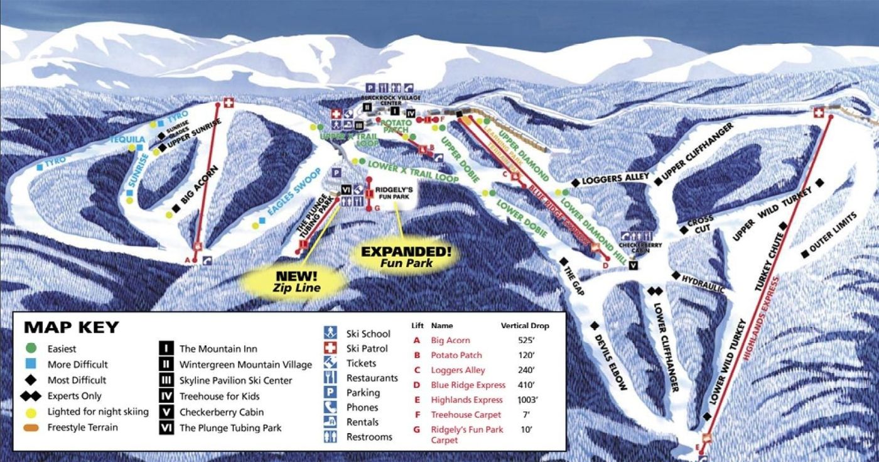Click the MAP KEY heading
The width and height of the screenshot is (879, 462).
point(71,327)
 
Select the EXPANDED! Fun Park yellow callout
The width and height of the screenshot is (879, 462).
point(406,256)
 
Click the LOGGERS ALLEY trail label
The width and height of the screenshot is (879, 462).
point(615,179)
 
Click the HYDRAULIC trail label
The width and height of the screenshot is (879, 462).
point(703,283)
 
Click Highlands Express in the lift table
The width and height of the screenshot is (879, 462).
point(466,400)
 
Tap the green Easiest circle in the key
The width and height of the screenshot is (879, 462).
point(33,349)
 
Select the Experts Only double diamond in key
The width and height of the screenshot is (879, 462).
point(33,396)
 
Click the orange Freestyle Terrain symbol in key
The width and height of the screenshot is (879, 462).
point(33,428)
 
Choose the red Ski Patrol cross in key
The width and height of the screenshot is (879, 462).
point(330,349)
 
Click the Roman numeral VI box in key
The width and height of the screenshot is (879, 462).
point(166,428)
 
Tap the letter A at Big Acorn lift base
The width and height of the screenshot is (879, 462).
point(187,259)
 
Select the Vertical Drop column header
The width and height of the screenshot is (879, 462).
point(524,326)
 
